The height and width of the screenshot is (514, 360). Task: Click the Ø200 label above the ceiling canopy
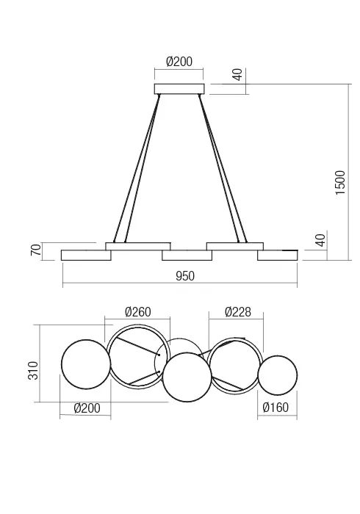179,62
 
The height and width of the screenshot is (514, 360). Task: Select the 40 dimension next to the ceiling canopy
237,75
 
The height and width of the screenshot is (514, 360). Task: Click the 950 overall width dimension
184,276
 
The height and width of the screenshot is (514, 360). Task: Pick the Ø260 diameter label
137,312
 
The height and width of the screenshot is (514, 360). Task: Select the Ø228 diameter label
238,312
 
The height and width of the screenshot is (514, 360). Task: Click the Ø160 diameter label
277,408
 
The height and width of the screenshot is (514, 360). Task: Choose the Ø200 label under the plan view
87,408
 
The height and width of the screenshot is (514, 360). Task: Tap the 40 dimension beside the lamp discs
320,240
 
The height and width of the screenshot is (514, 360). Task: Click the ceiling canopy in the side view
179,90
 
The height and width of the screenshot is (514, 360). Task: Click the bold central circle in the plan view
187,377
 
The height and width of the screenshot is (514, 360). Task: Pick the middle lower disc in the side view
187,256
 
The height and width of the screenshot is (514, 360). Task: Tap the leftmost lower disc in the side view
85,255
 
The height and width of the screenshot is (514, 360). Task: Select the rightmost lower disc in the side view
277,255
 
